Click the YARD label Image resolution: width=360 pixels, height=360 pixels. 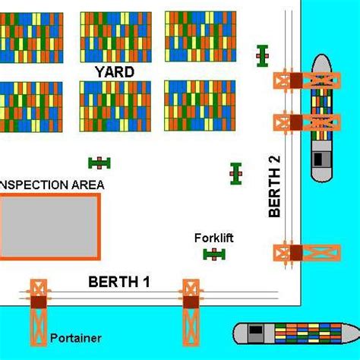tap(115, 71)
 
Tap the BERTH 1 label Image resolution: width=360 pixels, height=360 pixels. tap(119, 282)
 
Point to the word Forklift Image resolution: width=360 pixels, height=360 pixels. tap(213, 238)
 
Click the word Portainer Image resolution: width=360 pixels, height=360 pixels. tap(76, 338)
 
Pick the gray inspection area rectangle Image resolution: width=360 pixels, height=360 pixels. tap(49, 227)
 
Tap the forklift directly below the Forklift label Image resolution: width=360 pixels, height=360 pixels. tap(215, 254)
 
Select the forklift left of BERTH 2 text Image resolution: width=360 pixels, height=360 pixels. tap(236, 173)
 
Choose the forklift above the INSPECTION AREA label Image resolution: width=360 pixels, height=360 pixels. tap(99, 162)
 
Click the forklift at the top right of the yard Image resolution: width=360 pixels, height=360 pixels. tap(263, 55)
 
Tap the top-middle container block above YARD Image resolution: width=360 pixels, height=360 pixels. tap(116, 36)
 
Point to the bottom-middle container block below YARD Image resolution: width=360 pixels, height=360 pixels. tap(115, 106)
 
